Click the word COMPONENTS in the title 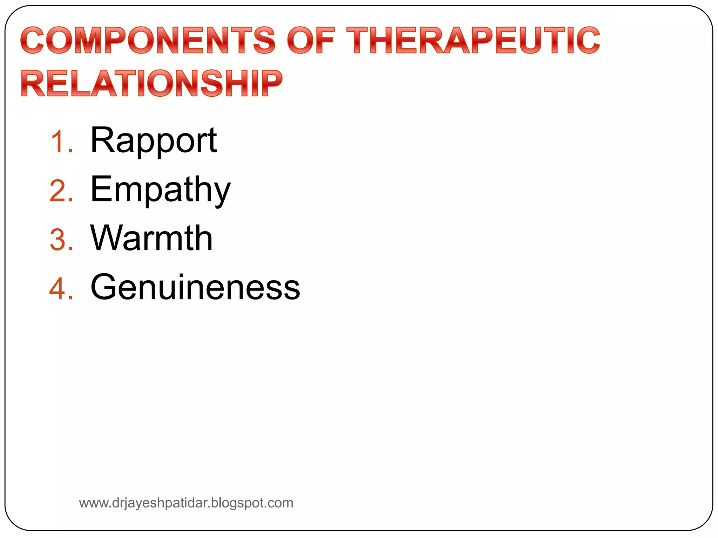[147, 40]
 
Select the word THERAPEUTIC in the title [473, 40]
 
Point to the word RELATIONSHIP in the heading [151, 83]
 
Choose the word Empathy [160, 190]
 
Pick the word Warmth [151, 239]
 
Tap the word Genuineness [195, 287]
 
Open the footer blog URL [186, 503]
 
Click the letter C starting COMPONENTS [33, 40]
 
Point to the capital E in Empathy [101, 189]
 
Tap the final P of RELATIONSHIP [272, 83]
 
